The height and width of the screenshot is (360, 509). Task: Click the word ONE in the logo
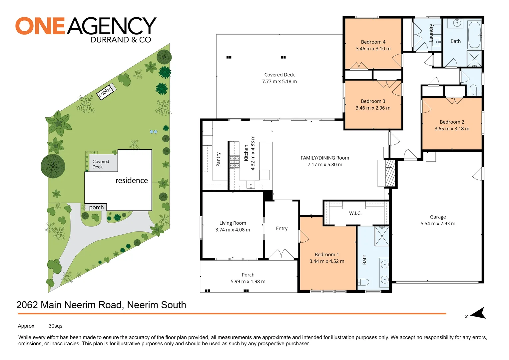click(40, 26)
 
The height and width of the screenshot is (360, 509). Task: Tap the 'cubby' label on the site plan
click(105, 92)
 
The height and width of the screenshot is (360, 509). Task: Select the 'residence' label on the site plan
click(132, 180)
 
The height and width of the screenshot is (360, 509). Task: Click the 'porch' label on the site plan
click(96, 207)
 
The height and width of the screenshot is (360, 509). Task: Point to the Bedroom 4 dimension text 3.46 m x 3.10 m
click(373, 49)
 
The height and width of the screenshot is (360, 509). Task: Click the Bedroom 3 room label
click(373, 101)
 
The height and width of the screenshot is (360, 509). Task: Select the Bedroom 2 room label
click(452, 122)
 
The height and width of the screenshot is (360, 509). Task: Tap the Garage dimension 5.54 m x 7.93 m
click(438, 224)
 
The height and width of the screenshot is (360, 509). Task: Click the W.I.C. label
click(355, 213)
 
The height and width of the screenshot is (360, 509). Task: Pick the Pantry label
click(219, 159)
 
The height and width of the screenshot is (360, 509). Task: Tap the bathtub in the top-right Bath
click(475, 35)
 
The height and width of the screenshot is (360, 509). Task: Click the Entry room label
click(281, 228)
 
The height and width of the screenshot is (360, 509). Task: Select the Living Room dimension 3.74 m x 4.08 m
click(233, 230)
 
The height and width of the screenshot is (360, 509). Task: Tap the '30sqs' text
click(55, 326)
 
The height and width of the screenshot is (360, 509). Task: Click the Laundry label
click(431, 32)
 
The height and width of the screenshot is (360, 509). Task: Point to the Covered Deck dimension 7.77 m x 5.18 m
click(279, 81)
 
